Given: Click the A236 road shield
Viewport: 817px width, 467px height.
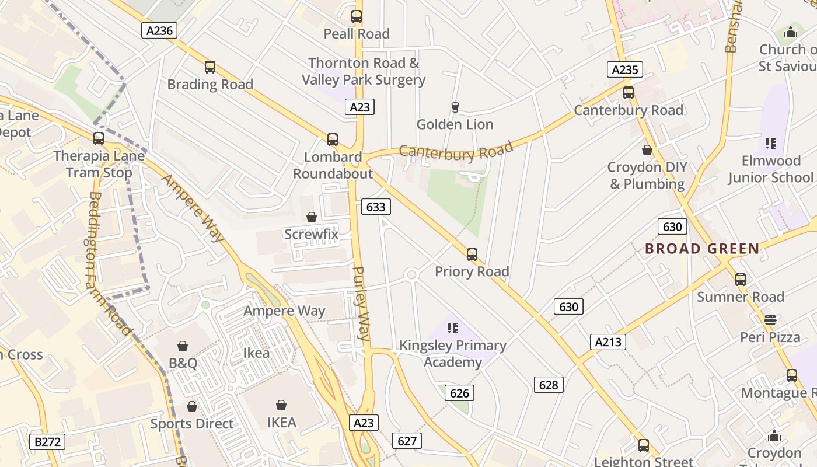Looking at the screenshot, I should point(159,30).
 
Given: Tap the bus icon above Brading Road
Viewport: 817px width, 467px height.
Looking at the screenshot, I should point(210,67).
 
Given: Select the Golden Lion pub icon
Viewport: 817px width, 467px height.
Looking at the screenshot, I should point(455,107).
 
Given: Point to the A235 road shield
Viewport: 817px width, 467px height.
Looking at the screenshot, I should point(624,70).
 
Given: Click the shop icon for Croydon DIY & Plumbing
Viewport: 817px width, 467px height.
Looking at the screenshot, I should point(647,150).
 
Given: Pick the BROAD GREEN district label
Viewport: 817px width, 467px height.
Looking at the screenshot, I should point(702,249).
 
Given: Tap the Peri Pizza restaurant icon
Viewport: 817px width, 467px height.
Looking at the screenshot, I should point(770,319).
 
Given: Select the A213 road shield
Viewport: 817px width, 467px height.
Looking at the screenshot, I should point(608,342).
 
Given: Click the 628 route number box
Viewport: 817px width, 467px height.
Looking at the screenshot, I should point(549,384).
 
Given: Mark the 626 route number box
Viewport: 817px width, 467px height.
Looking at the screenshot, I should point(459,393).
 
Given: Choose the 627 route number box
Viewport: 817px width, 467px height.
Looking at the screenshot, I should point(407,441).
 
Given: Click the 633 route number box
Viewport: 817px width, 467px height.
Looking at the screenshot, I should point(376,207).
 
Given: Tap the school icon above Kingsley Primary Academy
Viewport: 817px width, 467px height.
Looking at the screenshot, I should point(453,328).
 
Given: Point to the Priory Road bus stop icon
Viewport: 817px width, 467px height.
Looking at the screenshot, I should point(472,255).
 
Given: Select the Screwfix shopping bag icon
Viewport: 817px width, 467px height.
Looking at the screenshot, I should point(312,217).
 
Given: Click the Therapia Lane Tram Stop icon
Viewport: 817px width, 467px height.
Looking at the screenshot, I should point(99,138).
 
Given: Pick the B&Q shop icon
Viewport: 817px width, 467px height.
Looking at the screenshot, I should point(183,346).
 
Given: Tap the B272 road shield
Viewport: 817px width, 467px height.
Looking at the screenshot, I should point(47,441).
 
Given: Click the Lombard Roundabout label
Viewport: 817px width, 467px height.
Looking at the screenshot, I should point(333,165).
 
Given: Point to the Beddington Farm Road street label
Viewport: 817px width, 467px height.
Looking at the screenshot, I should point(109,263).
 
